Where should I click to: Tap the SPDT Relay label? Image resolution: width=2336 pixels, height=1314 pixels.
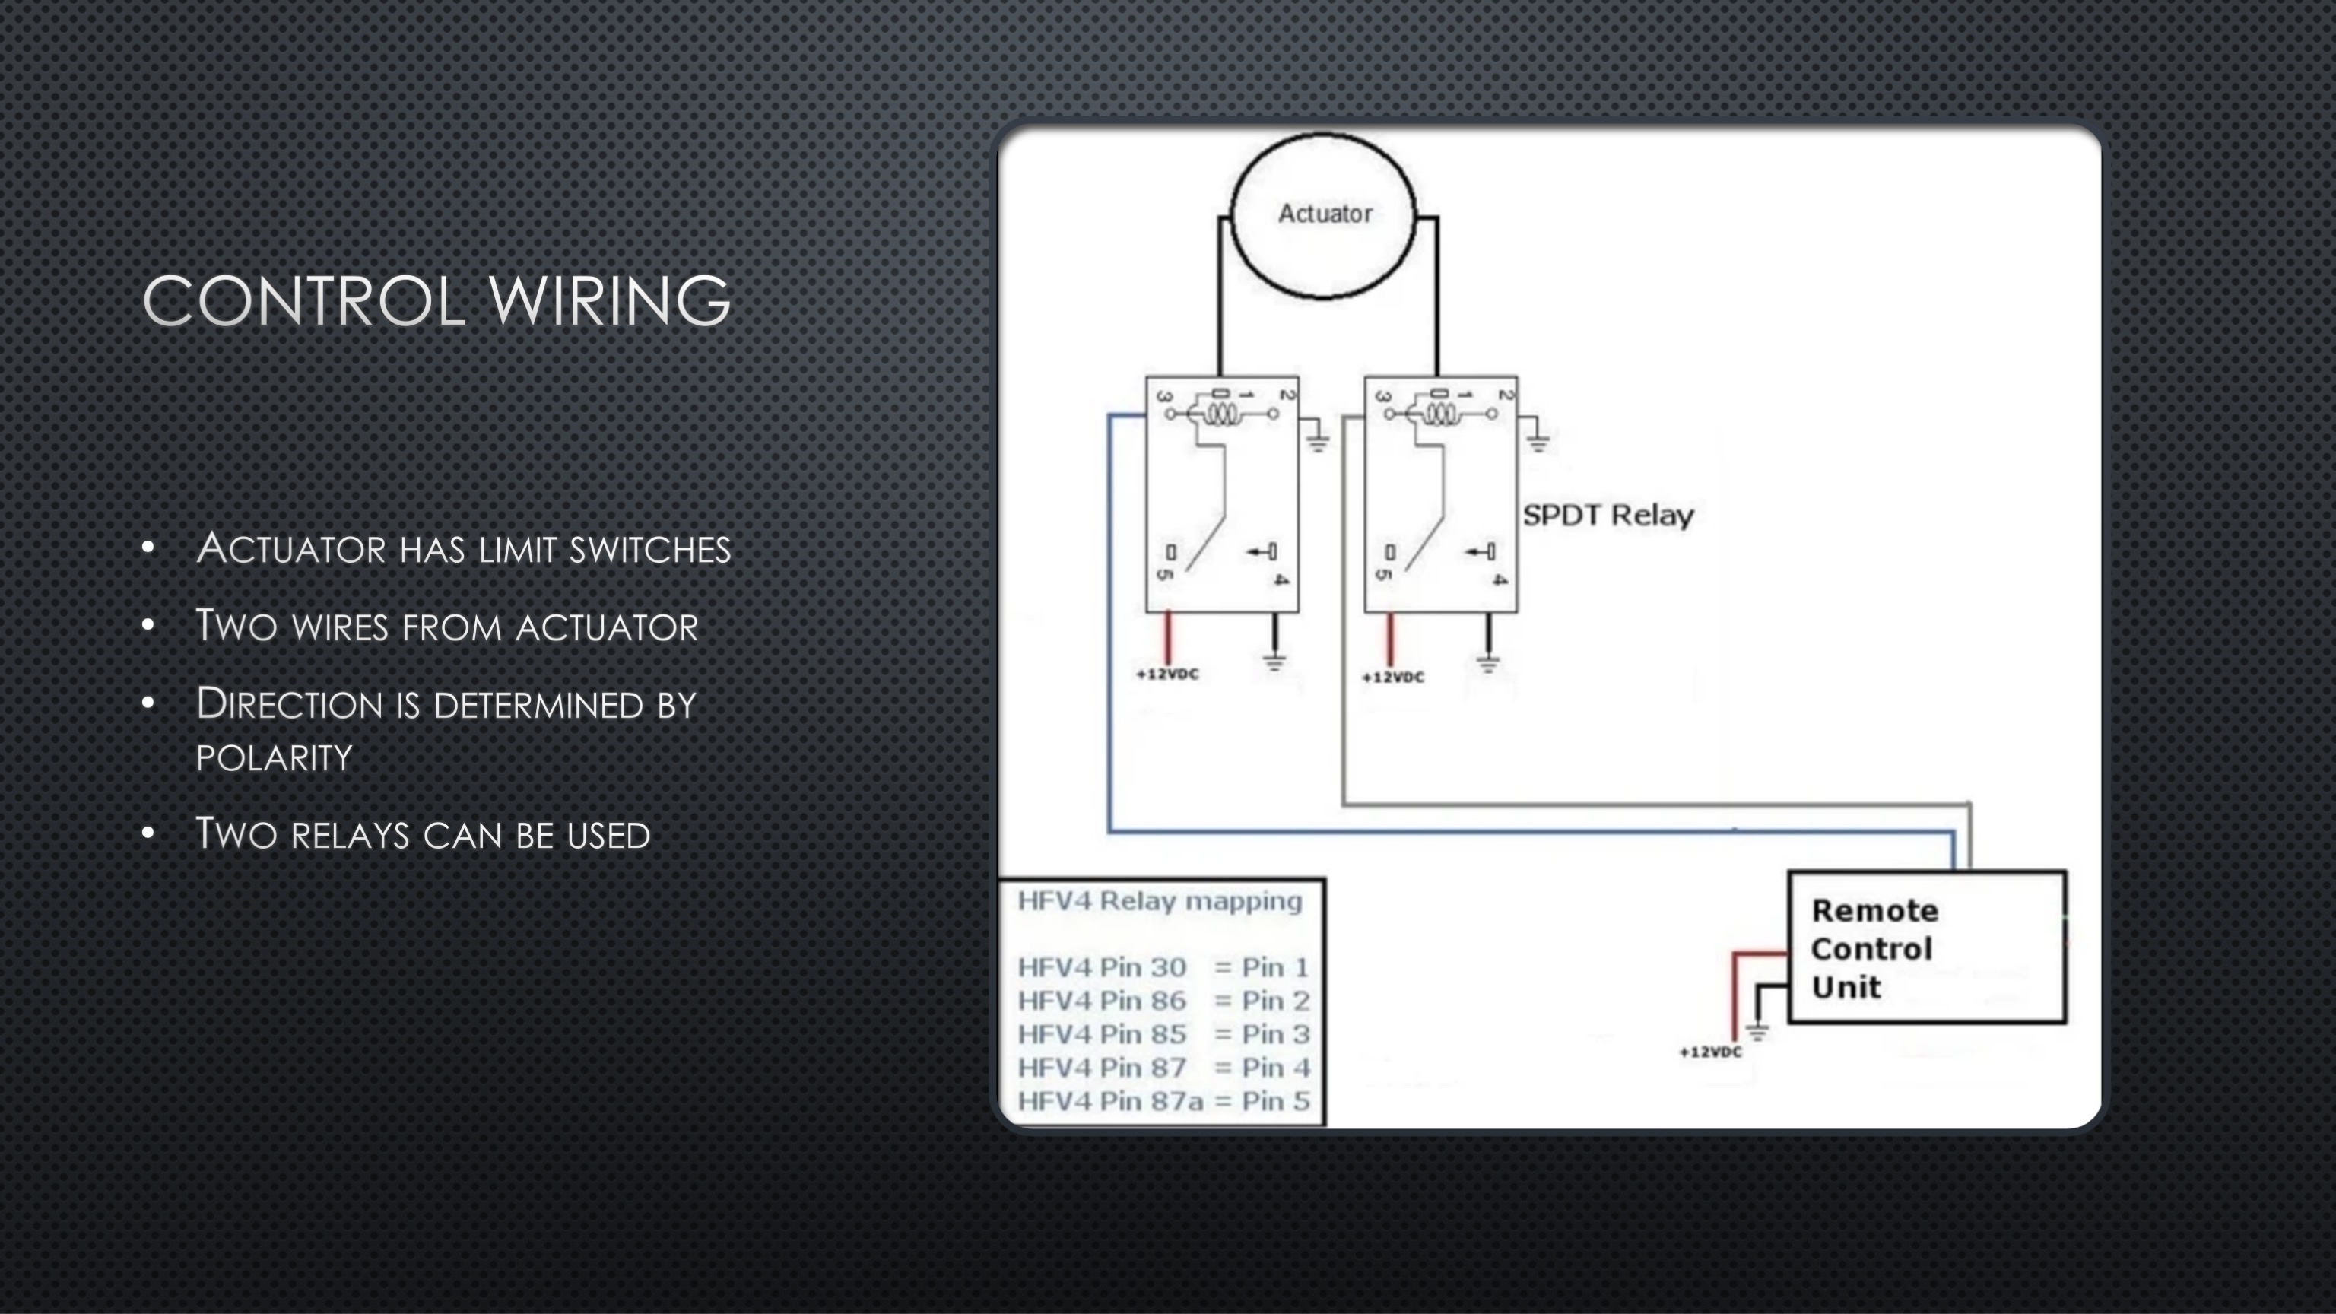click(x=1608, y=515)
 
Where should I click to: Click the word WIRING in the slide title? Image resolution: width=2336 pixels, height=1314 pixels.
click(x=609, y=301)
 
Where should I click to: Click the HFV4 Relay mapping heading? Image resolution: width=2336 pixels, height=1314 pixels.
click(x=1160, y=901)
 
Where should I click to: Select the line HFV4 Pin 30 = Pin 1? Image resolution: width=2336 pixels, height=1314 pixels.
click(x=1163, y=967)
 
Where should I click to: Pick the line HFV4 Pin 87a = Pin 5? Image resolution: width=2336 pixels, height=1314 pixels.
click(x=1163, y=1101)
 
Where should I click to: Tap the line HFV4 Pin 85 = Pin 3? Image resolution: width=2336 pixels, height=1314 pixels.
click(x=1163, y=1034)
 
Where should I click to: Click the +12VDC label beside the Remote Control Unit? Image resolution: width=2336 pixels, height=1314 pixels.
click(x=1710, y=1052)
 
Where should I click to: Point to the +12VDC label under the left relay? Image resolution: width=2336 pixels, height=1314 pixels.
click(x=1167, y=674)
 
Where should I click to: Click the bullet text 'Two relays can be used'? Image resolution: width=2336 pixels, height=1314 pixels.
click(x=424, y=834)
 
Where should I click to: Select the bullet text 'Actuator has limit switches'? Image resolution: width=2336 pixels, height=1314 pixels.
click(x=463, y=548)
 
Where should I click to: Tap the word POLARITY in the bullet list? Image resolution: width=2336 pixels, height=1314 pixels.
click(x=274, y=757)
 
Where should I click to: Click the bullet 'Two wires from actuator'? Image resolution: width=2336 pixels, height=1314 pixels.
click(x=447, y=627)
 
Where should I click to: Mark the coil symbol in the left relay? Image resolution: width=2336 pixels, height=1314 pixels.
click(x=1221, y=414)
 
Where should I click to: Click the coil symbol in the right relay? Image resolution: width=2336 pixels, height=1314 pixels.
click(x=1440, y=414)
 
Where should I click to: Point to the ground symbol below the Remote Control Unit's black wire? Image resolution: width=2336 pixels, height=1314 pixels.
click(x=1757, y=1031)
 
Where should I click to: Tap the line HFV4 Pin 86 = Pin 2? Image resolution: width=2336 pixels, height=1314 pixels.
click(x=1163, y=1001)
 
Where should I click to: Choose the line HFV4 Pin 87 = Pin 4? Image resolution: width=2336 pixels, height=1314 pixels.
click(x=1163, y=1068)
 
